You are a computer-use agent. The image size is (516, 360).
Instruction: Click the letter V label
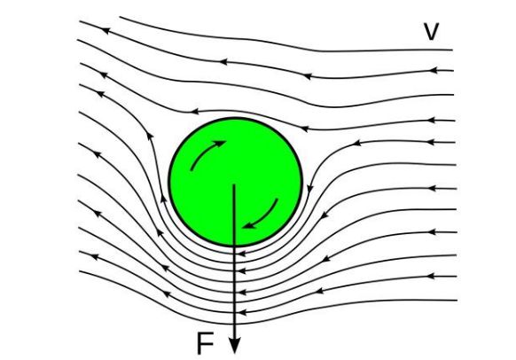[431, 32]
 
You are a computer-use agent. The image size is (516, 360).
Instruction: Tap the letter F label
[205, 343]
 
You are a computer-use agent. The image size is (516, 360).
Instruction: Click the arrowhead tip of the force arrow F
[234, 354]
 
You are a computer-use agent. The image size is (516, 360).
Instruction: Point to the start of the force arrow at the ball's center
[234, 184]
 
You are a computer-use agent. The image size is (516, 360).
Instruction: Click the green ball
[235, 182]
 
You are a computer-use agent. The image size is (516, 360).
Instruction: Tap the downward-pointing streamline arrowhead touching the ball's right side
[309, 189]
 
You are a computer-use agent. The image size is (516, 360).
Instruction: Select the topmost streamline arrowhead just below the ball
[242, 254]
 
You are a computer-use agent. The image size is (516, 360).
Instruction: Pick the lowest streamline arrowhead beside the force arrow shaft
[242, 312]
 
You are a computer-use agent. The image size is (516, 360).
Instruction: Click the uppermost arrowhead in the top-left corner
[105, 30]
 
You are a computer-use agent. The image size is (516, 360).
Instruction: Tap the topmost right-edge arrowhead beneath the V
[434, 70]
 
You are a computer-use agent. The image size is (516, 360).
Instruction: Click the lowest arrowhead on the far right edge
[433, 276]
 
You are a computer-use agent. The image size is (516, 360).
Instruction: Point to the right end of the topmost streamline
[453, 50]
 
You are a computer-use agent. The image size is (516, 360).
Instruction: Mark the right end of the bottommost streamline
[457, 300]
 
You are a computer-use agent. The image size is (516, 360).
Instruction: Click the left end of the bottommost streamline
[80, 271]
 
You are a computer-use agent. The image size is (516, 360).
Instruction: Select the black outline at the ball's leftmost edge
[168, 182]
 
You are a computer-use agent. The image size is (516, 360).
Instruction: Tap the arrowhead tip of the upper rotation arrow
[226, 141]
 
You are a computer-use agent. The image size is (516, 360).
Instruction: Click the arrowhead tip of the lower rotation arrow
[243, 227]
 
